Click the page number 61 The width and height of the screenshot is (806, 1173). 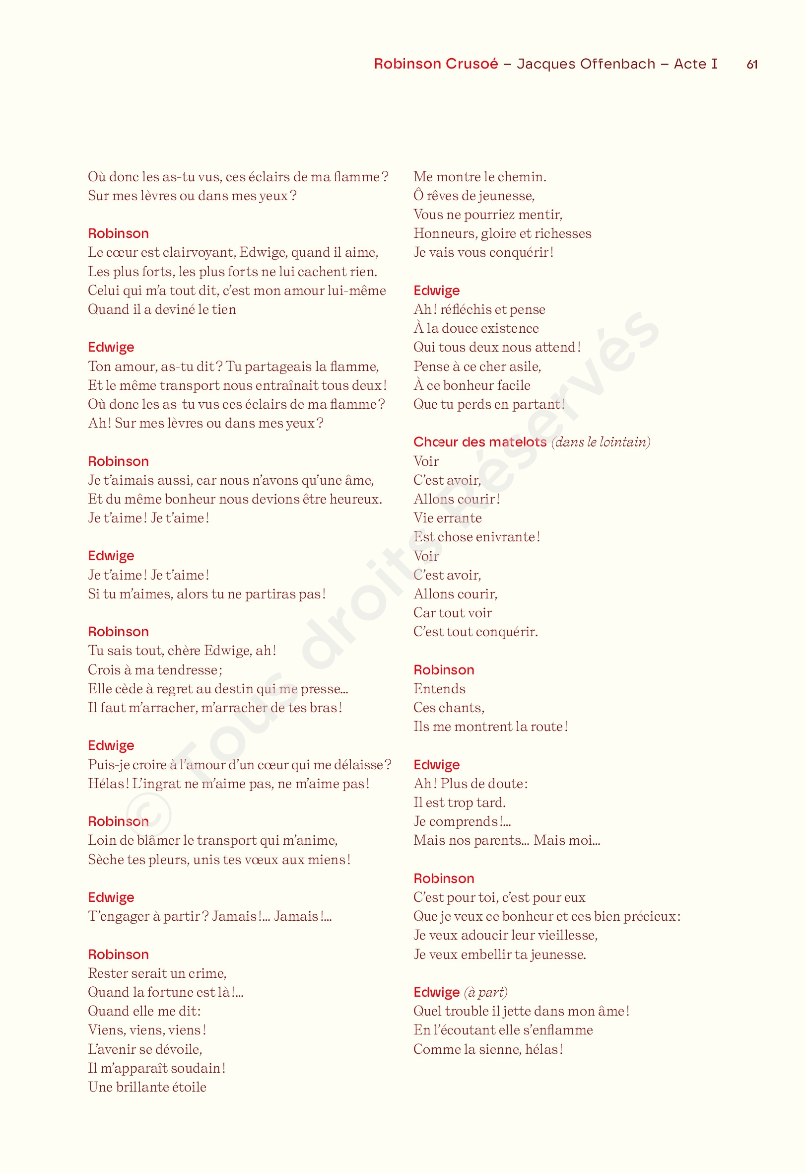(751, 65)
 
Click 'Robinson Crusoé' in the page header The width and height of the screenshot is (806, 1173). (436, 64)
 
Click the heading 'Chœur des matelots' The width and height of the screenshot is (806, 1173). (479, 442)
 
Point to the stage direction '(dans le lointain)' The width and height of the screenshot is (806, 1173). (601, 442)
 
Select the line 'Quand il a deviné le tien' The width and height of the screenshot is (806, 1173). (162, 309)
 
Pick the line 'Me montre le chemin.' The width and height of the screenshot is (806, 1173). (479, 177)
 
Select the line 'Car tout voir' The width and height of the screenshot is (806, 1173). (452, 613)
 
